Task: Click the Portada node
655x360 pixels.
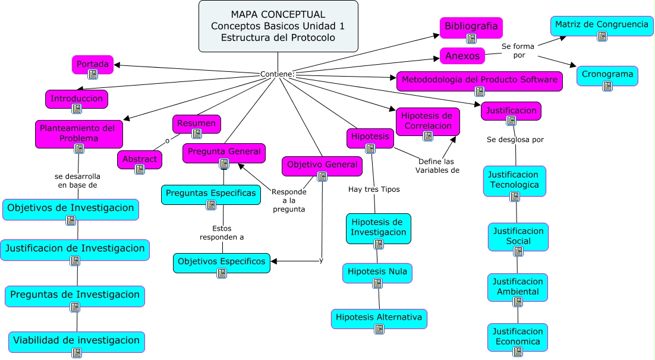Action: [93, 64]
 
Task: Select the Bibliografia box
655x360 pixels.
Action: [471, 27]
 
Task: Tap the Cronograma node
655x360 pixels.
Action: [607, 75]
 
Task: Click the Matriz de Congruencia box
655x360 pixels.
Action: [602, 25]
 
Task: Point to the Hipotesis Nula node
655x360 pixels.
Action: [377, 272]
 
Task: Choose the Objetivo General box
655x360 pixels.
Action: [322, 165]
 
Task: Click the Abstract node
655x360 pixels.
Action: [140, 159]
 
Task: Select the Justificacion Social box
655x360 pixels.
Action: [518, 236]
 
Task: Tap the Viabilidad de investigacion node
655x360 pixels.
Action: [77, 341]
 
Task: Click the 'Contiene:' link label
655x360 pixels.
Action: [277, 74]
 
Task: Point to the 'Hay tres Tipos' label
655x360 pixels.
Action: [374, 190]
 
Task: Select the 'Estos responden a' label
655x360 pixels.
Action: [222, 232]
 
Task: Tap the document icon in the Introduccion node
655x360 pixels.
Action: [77, 109]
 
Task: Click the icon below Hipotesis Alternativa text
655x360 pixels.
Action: [379, 329]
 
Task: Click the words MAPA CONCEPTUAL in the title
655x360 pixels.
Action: [278, 15]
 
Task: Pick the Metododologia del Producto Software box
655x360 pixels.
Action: [479, 80]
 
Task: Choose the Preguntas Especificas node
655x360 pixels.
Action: [211, 193]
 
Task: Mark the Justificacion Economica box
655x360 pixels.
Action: [517, 336]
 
